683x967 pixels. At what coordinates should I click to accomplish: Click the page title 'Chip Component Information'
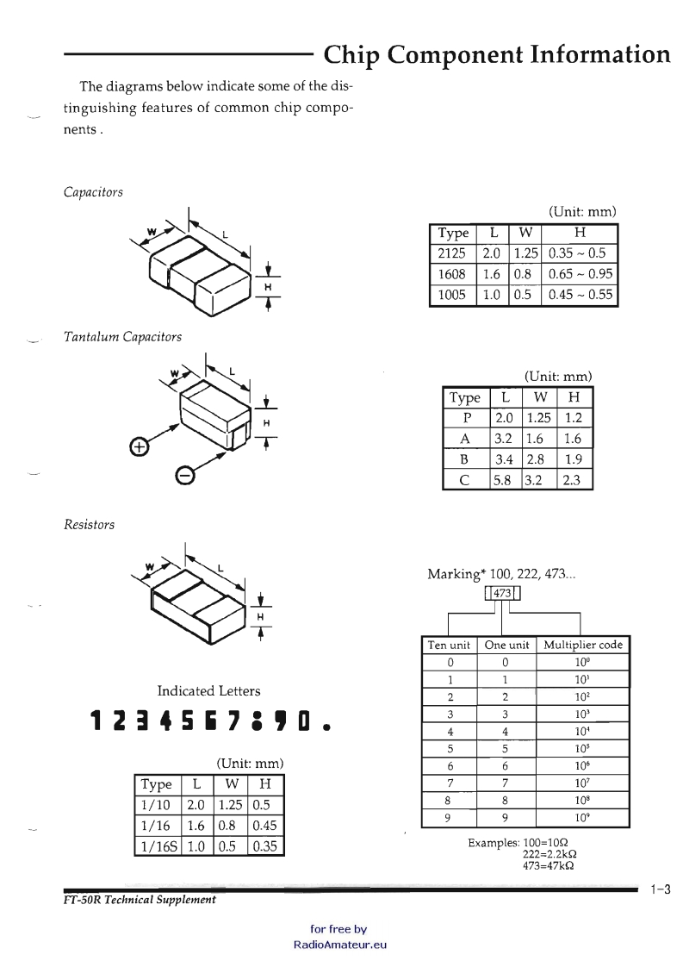pyautogui.click(x=497, y=55)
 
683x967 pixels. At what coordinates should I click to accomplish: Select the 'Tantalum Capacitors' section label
pyautogui.click(x=122, y=337)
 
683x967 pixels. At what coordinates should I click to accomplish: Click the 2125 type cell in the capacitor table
pyautogui.click(x=451, y=253)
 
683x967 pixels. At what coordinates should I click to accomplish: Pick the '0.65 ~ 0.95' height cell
pyautogui.click(x=581, y=274)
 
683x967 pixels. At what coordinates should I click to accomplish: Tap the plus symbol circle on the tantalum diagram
pyautogui.click(x=138, y=446)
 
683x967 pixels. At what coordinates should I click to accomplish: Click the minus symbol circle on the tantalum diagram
pyautogui.click(x=184, y=475)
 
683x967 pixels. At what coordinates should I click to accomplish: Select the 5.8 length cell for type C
pyautogui.click(x=504, y=480)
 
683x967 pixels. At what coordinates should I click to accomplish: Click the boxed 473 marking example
pyautogui.click(x=501, y=593)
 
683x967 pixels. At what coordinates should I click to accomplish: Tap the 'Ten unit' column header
pyautogui.click(x=449, y=645)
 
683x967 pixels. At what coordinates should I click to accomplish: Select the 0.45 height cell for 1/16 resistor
pyautogui.click(x=265, y=825)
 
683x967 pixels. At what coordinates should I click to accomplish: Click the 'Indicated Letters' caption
pyautogui.click(x=208, y=690)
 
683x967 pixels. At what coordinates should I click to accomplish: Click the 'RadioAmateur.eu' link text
pyautogui.click(x=339, y=944)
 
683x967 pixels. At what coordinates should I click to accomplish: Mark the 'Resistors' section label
pyautogui.click(x=89, y=524)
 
